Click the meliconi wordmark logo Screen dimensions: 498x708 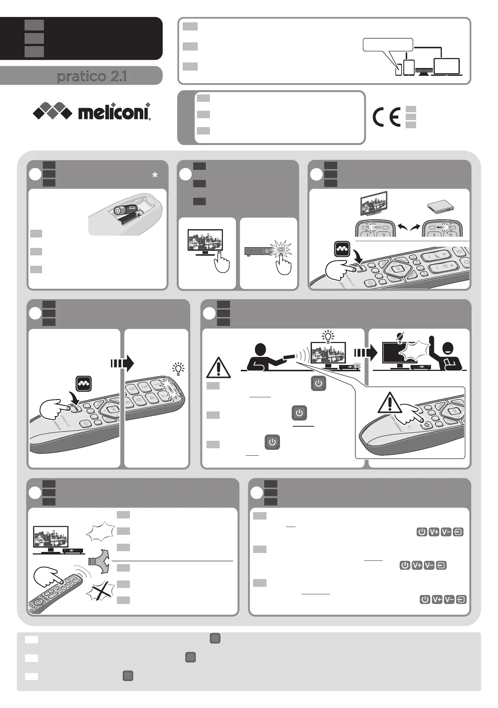point(114,112)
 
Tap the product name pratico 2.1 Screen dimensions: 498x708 point(92,77)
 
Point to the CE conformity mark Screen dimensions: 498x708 point(386,117)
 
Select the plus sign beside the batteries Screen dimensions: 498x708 point(138,215)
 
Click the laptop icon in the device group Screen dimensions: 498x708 point(447,67)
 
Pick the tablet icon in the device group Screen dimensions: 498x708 point(409,68)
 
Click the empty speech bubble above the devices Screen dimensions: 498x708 point(387,45)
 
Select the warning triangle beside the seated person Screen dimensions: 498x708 point(219,367)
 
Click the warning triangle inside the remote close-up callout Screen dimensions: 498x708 point(390,403)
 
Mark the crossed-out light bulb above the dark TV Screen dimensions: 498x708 point(400,336)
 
